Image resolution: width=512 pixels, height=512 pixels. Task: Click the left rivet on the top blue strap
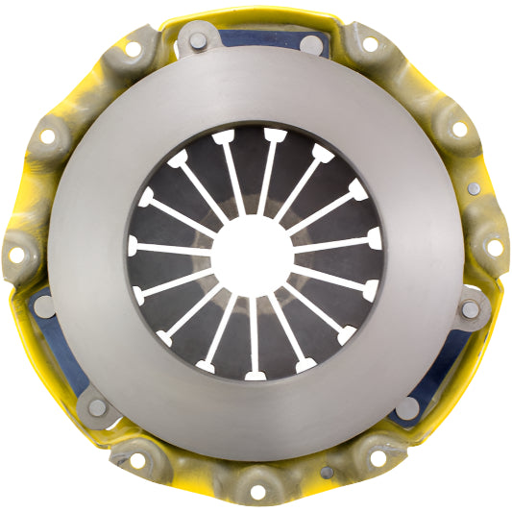point(196,40)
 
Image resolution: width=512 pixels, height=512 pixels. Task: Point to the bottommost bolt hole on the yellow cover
point(257,492)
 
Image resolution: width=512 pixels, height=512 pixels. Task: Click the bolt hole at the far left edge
point(16,255)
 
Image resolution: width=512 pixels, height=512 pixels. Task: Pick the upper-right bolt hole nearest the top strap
point(370,43)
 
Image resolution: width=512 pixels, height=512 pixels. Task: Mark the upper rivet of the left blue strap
point(44,306)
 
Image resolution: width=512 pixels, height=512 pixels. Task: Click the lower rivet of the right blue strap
point(407,407)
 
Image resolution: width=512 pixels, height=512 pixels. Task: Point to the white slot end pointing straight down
point(255,373)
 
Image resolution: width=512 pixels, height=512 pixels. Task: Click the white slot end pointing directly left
point(134,246)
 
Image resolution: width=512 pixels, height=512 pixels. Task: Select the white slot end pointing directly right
point(375,238)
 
